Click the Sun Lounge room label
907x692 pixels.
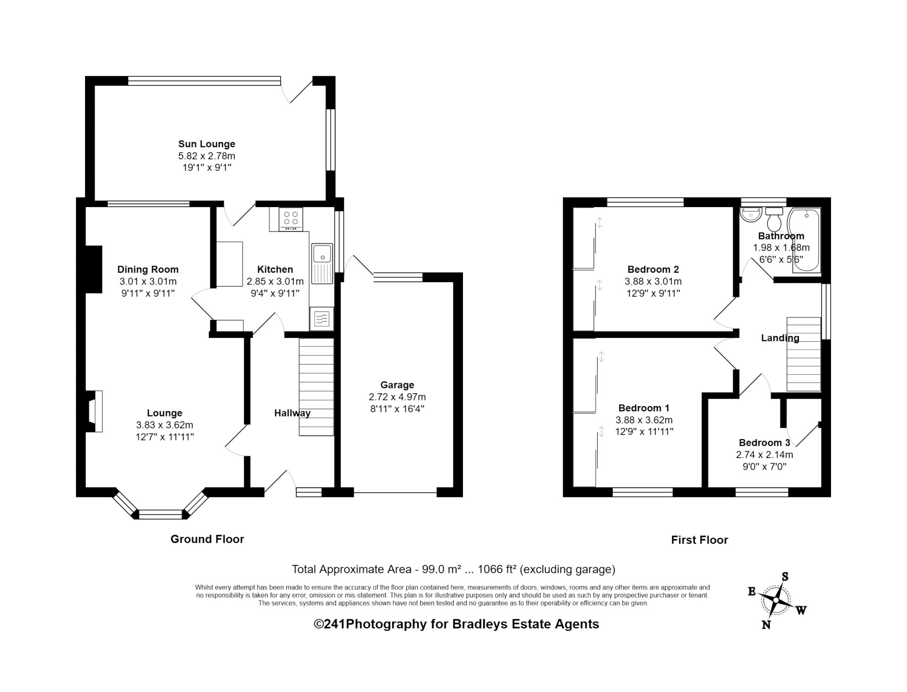tap(206, 144)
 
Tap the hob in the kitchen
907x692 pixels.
tap(291, 220)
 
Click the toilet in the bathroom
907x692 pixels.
tap(774, 218)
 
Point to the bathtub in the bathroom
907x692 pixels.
tap(806, 241)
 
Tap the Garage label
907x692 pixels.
tap(397, 385)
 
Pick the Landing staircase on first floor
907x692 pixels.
tap(804, 355)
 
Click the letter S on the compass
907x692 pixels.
tap(785, 576)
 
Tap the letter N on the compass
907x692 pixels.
tap(766, 625)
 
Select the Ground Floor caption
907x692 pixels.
tap(207, 539)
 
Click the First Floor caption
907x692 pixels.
tap(700, 540)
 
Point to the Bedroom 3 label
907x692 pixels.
tap(764, 443)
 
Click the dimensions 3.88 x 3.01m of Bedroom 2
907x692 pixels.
tap(653, 282)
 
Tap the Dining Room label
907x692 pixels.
tap(148, 270)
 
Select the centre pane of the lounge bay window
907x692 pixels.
tap(160, 514)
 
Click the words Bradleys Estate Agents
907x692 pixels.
tap(526, 624)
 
